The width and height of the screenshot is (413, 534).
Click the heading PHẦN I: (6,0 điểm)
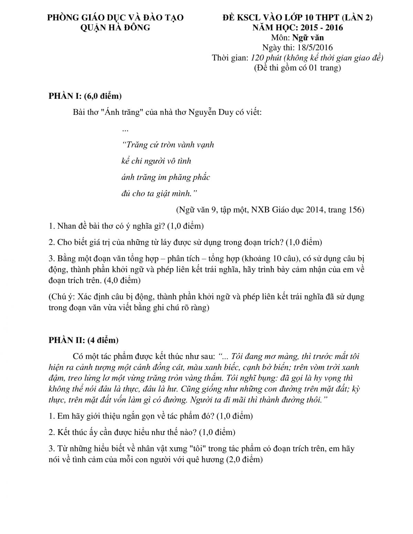85,96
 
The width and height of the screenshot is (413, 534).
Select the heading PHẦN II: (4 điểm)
83,340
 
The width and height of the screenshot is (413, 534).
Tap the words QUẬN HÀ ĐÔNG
115,28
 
